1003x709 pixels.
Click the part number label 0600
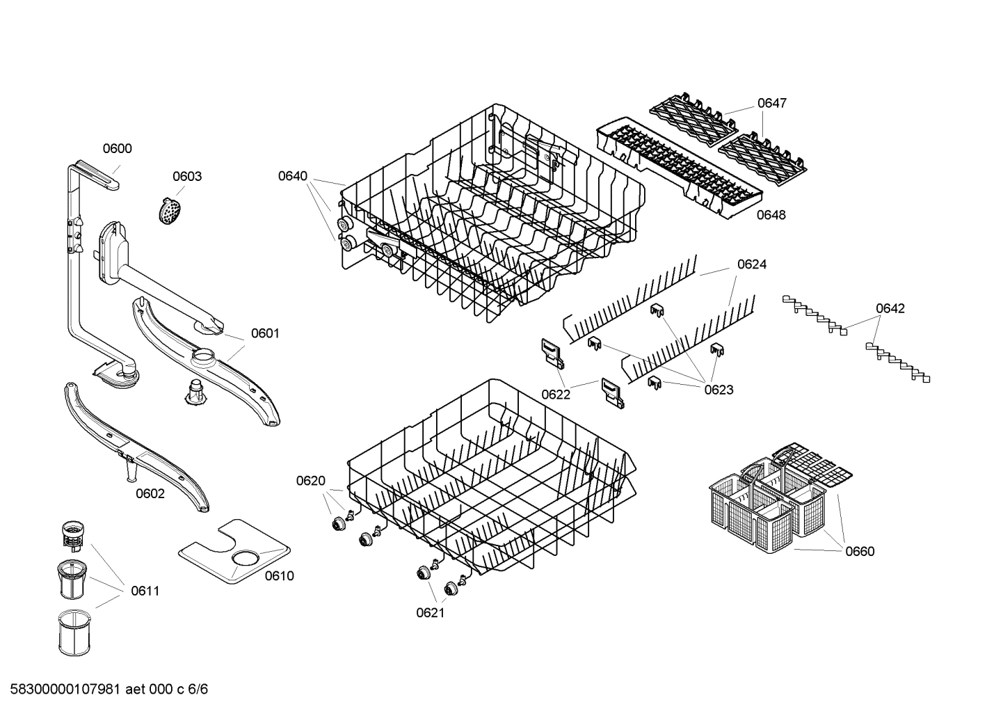point(117,148)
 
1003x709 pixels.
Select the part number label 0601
point(264,333)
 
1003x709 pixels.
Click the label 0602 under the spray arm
point(150,493)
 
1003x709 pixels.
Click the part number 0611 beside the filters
point(145,591)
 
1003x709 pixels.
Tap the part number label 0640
point(292,176)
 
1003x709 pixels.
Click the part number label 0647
point(771,103)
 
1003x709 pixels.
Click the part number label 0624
point(752,264)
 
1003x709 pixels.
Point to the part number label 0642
point(890,308)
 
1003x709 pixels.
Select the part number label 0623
point(719,390)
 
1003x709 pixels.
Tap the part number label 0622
point(556,395)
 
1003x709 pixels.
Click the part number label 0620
point(310,480)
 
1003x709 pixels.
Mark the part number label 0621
point(430,612)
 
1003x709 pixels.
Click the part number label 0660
point(860,551)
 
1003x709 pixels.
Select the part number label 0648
point(771,215)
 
